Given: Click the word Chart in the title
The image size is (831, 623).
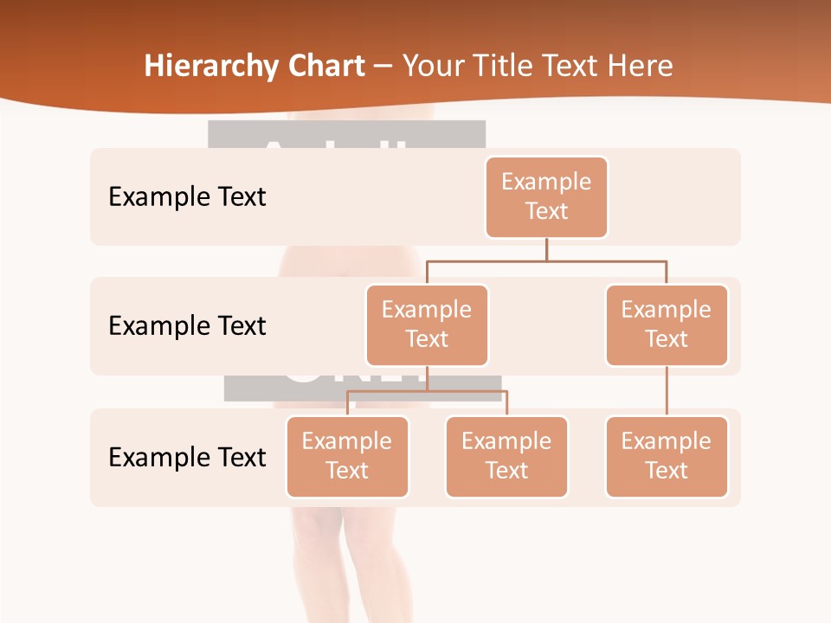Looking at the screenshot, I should tap(326, 66).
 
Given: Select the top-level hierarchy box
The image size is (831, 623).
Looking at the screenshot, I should tap(546, 196).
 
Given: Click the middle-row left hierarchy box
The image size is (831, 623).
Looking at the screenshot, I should tap(427, 324).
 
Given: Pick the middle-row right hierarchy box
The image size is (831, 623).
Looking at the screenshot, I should tap(667, 324).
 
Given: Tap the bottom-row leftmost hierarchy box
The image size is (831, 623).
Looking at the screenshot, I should tap(347, 456).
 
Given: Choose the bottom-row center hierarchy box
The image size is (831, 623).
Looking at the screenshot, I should tap(506, 456).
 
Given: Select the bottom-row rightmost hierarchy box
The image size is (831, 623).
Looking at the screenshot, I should tap(667, 456).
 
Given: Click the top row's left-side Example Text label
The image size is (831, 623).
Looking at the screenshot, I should tap(187, 196).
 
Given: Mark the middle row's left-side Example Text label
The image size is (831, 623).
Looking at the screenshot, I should tap(187, 325).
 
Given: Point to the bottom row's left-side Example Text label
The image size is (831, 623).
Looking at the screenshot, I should tap(187, 457).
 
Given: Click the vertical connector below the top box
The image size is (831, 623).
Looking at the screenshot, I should tap(546, 249).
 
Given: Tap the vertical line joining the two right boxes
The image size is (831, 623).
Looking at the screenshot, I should tap(667, 390).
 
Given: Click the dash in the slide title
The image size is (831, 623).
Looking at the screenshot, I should tap(383, 67).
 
